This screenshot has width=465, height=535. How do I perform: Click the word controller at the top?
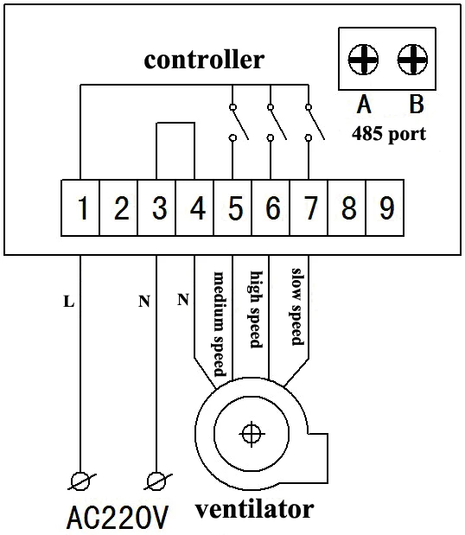204,60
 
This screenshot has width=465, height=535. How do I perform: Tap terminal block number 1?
80,207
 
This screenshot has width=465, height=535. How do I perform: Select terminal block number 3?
156,207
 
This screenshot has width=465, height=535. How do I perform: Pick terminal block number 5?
232,207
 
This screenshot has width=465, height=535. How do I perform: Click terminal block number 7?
309,207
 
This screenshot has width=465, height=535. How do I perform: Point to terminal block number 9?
385,207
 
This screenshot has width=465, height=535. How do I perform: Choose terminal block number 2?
118,207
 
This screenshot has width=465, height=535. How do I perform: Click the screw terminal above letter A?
363,60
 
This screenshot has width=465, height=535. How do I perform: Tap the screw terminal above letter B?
412,60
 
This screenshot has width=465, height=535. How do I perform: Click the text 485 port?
389,134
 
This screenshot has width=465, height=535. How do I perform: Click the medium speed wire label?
220,324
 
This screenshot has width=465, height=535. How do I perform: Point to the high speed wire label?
256,309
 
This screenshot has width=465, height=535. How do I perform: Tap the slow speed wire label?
296,307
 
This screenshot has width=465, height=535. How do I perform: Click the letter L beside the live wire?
69,302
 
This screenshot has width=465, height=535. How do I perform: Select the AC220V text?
118,518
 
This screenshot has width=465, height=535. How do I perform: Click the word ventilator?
254,509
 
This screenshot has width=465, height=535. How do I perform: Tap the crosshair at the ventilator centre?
252,434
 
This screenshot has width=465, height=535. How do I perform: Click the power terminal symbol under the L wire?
81,481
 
